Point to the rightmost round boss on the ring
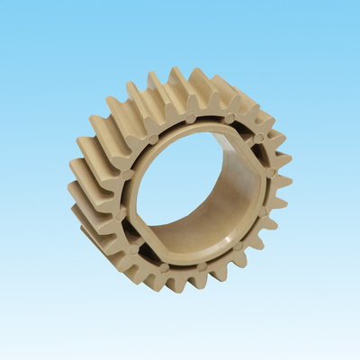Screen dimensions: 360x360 tap(270, 172)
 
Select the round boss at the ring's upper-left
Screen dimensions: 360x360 tap(153, 139)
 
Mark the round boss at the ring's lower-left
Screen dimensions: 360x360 tap(133, 248)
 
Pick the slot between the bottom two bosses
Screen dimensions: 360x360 tap(183, 268)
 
